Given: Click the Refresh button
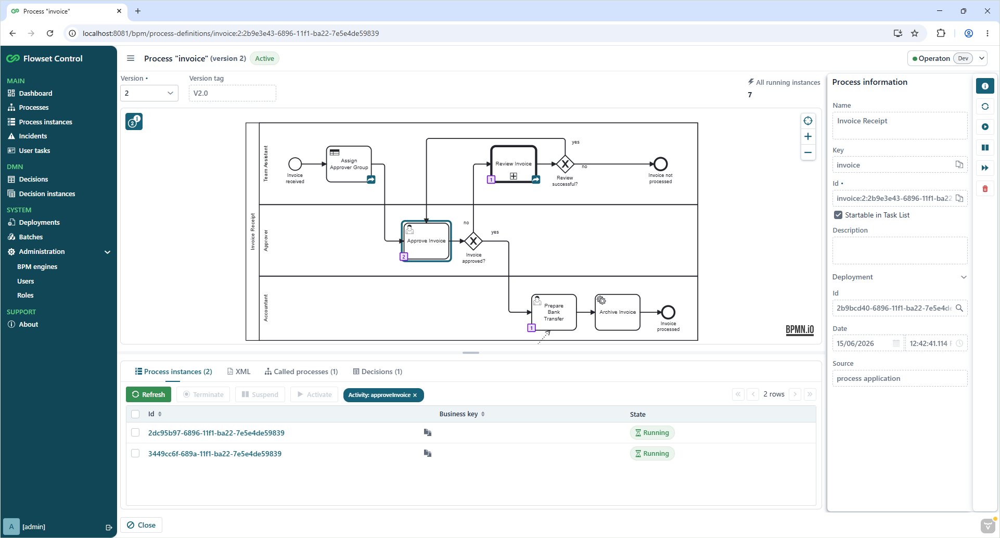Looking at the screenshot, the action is point(148,394).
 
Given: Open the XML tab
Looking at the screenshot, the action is point(239,372).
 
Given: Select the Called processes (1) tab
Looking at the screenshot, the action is point(301,372).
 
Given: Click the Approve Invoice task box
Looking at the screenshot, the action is point(426,241).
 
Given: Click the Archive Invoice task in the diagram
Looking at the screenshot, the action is point(618,312).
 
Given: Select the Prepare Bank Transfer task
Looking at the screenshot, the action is point(554,312).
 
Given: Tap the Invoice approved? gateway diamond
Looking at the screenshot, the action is point(473,241).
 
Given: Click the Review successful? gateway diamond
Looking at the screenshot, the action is point(565,164).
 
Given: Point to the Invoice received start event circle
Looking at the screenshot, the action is point(295,164).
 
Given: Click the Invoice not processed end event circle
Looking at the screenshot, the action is point(661,164).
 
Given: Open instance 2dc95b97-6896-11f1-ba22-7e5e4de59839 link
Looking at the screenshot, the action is point(216,433).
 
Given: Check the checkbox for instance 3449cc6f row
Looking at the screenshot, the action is point(135,453).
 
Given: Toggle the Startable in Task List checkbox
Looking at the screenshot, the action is point(838,215).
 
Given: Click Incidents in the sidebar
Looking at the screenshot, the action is point(33,136).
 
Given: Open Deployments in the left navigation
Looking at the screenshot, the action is point(39,222).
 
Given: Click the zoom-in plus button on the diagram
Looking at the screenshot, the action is point(808,136).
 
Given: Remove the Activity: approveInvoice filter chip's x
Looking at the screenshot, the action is point(415,395).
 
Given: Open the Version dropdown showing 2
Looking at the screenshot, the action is point(149,93).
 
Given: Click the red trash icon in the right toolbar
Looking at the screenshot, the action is point(985,188).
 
